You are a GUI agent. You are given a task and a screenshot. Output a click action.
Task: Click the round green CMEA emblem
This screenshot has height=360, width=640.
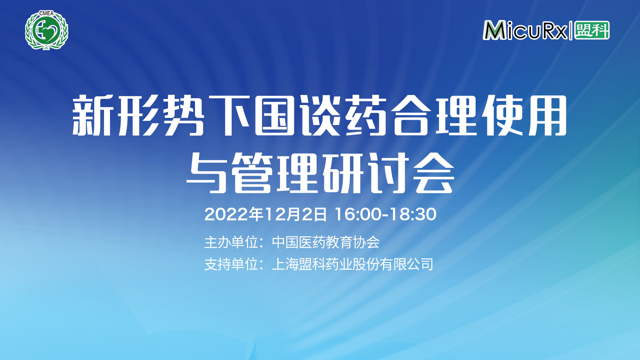click(47, 30)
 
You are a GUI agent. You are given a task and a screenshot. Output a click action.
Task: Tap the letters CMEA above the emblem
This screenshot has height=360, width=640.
click(46, 13)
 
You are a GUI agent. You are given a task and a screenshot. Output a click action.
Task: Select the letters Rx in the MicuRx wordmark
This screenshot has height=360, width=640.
click(555, 30)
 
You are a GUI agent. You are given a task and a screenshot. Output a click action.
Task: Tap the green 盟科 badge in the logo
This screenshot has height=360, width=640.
click(592, 30)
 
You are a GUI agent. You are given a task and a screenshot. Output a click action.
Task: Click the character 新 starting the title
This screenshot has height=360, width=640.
click(91, 115)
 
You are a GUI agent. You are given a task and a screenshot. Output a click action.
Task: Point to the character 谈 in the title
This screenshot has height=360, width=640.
click(320, 115)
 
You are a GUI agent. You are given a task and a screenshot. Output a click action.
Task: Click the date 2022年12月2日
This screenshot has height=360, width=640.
click(266, 214)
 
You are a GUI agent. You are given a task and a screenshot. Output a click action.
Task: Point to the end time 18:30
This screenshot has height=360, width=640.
click(413, 214)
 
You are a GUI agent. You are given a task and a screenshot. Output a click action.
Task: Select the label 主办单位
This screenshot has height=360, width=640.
click(231, 242)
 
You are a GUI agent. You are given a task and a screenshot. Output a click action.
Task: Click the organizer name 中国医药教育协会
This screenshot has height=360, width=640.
click(326, 242)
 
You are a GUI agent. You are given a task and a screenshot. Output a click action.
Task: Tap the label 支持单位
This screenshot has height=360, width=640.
click(231, 264)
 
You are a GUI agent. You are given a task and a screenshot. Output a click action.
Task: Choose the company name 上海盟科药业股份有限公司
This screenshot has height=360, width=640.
click(353, 264)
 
